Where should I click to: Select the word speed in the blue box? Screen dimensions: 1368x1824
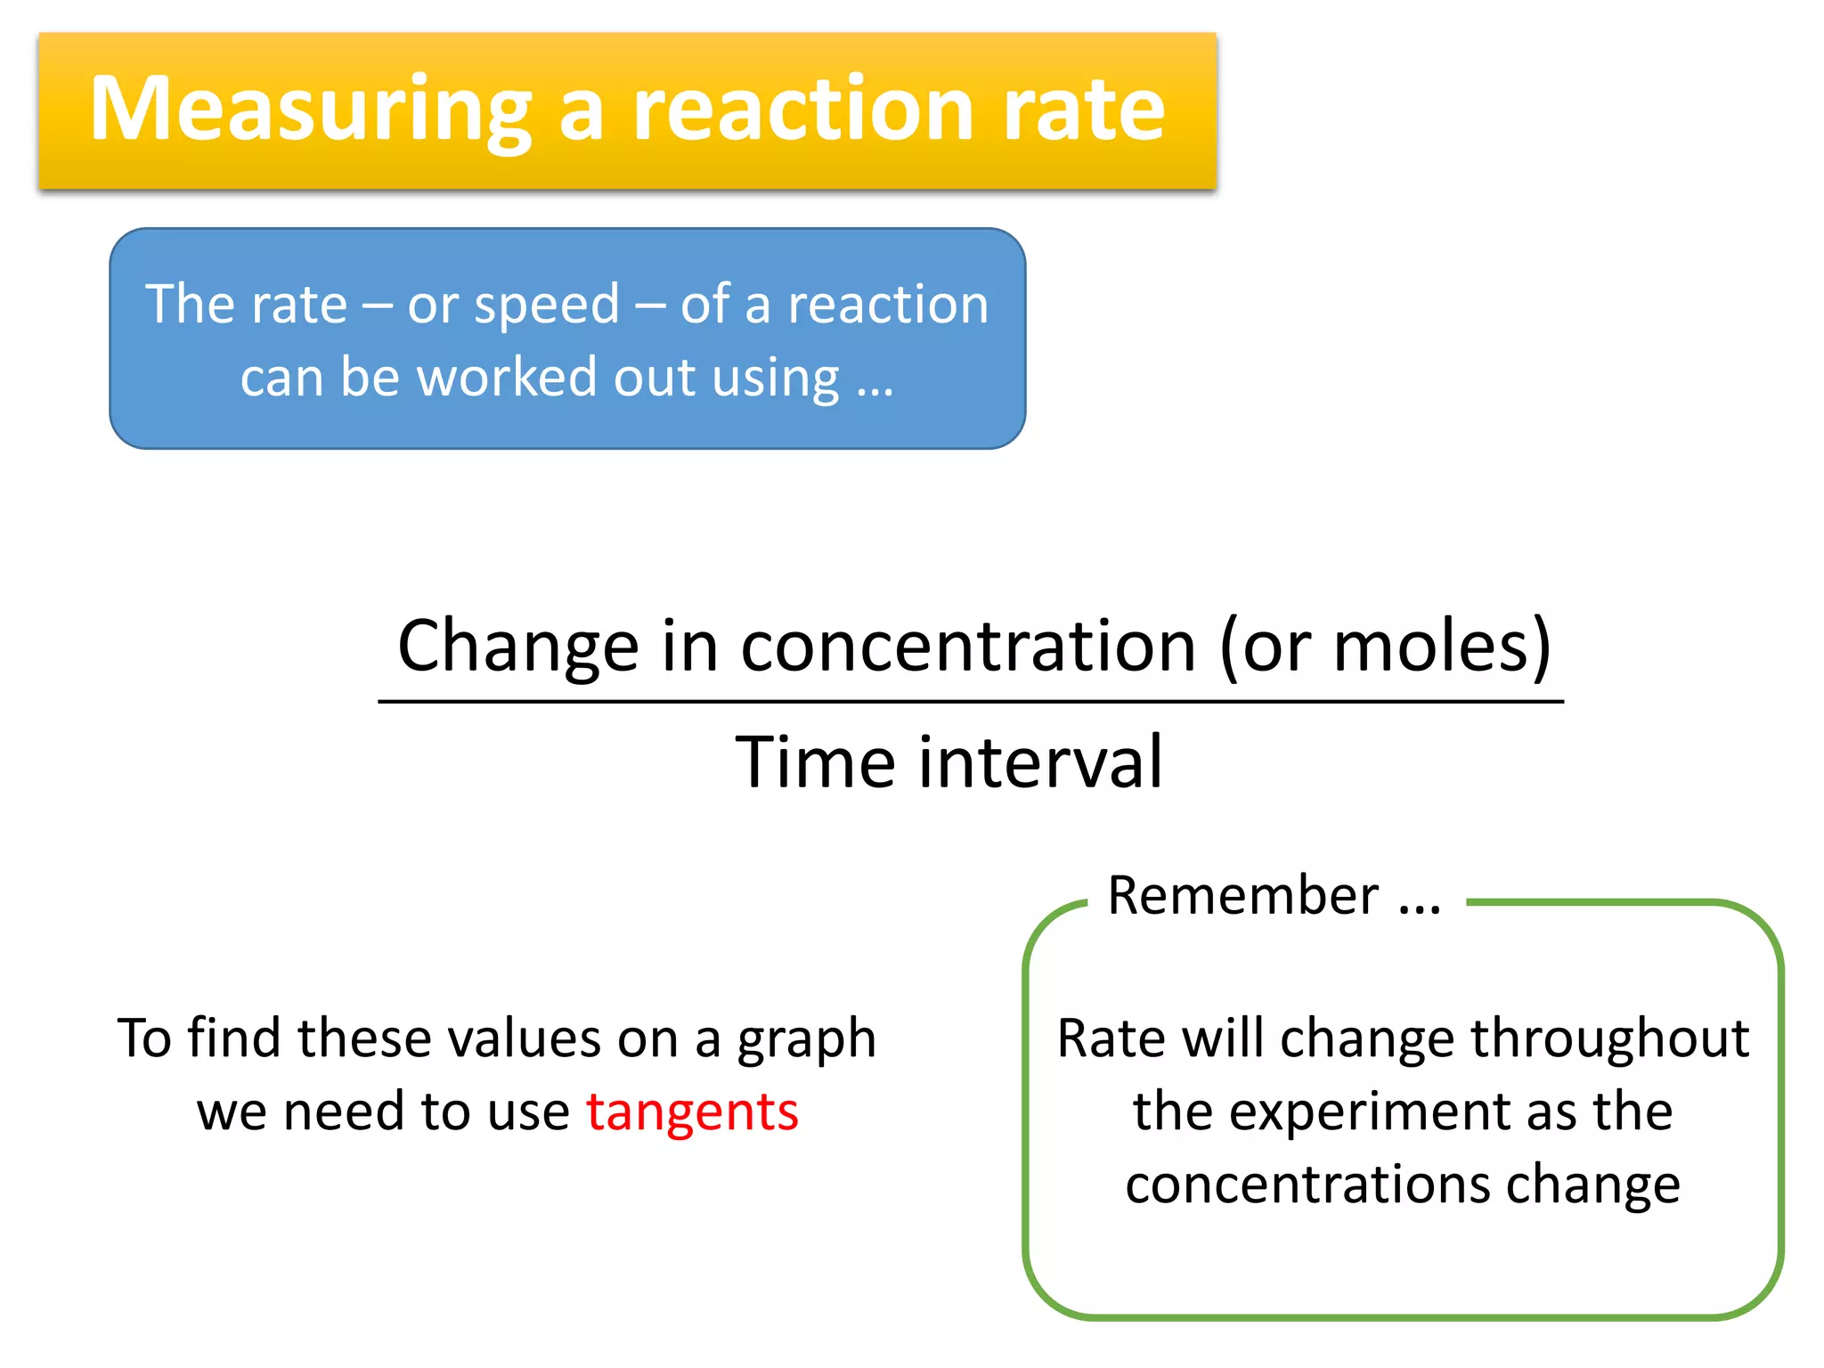546,305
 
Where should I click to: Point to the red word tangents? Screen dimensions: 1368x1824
692,1112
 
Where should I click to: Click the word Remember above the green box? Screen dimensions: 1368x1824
1242,895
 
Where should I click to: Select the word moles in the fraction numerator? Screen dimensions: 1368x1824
1430,646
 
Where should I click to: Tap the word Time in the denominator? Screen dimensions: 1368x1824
815,762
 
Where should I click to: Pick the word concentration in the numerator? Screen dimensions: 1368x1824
968,646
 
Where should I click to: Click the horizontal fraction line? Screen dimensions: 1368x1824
971,702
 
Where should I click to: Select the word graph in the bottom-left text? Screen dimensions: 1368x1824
806,1040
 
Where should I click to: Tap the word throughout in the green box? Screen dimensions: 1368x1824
1609,1038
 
